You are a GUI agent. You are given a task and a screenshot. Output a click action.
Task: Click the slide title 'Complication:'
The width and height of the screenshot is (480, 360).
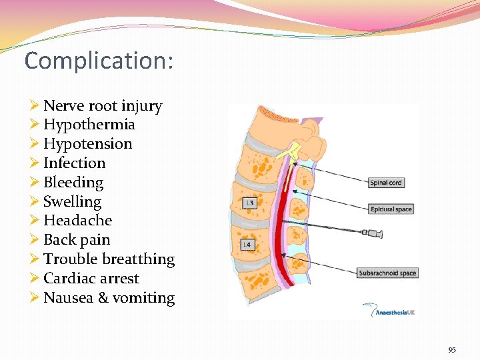[x=99, y=61]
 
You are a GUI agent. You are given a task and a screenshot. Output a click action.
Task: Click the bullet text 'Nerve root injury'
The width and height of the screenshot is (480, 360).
[x=103, y=105]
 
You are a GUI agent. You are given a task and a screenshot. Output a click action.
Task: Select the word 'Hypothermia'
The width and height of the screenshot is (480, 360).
[x=89, y=125]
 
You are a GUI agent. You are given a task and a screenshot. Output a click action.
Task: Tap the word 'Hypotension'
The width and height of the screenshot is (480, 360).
[x=88, y=144]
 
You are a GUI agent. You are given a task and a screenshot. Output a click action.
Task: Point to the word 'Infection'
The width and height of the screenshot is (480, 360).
[x=75, y=163]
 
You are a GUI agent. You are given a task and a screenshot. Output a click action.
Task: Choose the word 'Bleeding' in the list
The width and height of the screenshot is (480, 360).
[x=73, y=183]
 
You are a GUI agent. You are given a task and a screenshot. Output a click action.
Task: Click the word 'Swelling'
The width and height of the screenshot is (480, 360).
[x=72, y=201]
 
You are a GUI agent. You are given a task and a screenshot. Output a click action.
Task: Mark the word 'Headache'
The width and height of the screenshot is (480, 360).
[x=77, y=221]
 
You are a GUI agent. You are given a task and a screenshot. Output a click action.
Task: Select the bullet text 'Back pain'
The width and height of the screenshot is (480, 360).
[x=77, y=240]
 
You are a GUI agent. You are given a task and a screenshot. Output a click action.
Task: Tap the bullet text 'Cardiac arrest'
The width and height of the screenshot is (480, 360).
[x=91, y=279]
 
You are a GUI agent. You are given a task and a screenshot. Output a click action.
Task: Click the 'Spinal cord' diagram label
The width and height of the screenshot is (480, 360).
[x=386, y=183]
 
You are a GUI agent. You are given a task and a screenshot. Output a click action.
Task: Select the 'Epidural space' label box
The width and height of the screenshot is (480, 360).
[x=391, y=209]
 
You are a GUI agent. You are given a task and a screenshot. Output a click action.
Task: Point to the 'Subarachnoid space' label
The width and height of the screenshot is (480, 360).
[x=387, y=273]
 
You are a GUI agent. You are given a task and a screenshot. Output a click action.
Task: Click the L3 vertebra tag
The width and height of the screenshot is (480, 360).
[x=249, y=203]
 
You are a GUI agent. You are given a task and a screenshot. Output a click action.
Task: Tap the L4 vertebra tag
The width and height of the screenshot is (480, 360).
[x=247, y=245]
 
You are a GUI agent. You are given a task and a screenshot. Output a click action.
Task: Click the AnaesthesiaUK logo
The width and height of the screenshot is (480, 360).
[x=389, y=310]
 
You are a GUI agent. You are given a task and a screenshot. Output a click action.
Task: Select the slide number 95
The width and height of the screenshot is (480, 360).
[x=452, y=350]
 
